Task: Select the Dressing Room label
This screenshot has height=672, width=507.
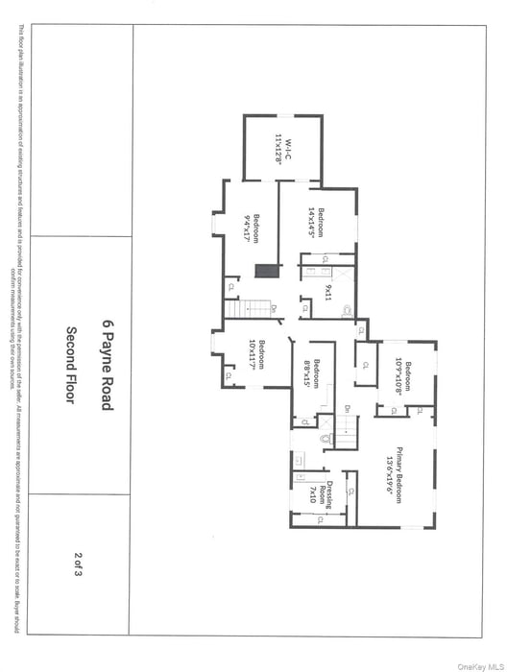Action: coord(326,492)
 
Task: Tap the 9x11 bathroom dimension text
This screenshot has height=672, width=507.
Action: coord(327,293)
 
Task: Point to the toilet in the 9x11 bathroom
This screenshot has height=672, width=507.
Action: coord(347,309)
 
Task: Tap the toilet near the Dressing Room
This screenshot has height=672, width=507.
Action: coord(326,438)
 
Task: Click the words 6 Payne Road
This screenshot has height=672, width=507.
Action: coord(108,366)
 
